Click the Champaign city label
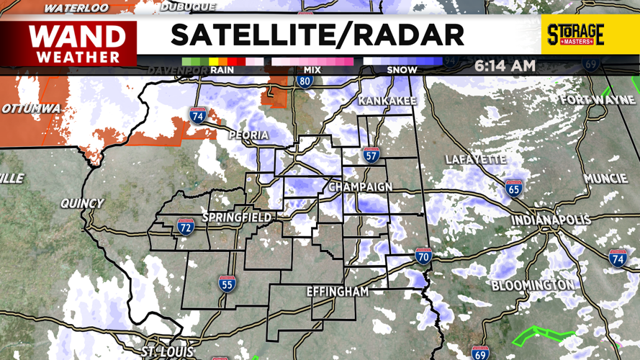[x=361, y=187]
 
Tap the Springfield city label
[x=237, y=217]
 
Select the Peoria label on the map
[x=248, y=135]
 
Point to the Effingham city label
[x=337, y=292]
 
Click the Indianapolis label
[x=551, y=220]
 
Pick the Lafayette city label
[x=475, y=159]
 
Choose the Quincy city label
[x=82, y=203]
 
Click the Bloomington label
[x=533, y=286]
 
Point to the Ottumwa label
[x=30, y=108]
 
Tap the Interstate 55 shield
[x=227, y=283]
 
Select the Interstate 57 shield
[x=371, y=155]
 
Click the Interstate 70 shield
[x=423, y=256]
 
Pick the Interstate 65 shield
[x=513, y=189]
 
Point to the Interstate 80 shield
[x=304, y=80]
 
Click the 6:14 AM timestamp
[x=505, y=66]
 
